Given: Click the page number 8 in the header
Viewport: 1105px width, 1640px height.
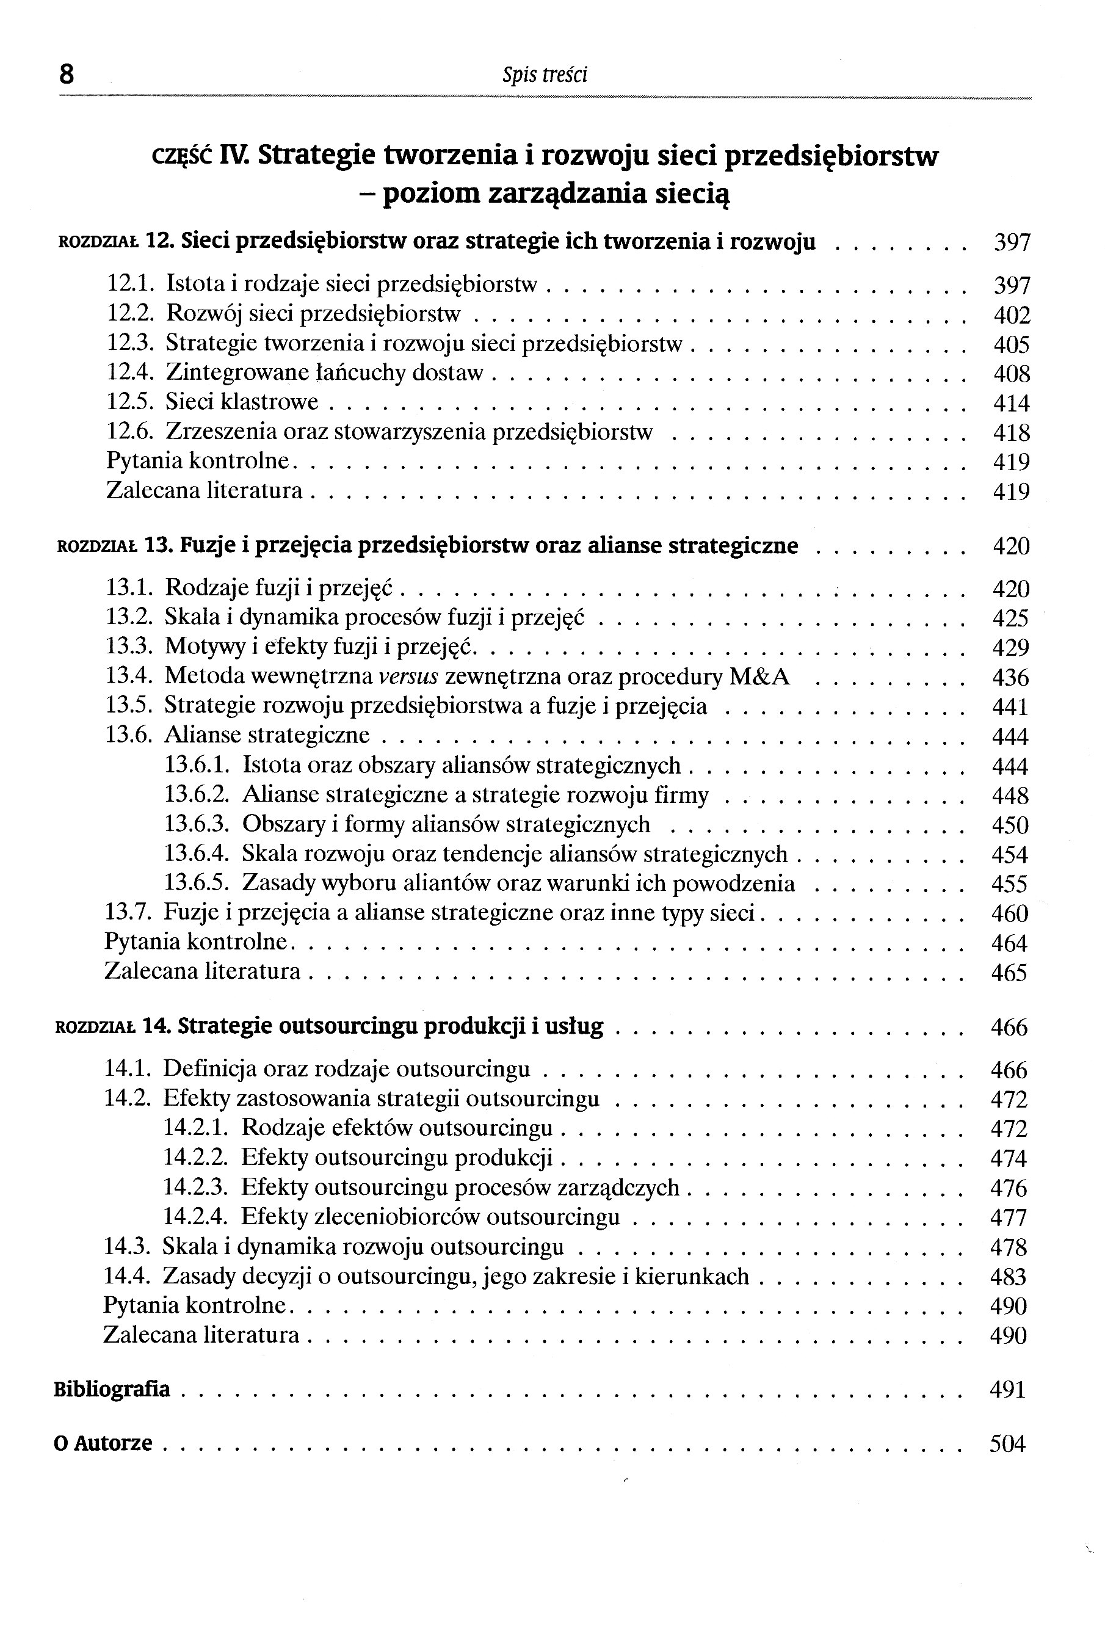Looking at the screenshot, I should point(67,73).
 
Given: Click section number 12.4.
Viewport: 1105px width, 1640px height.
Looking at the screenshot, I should point(129,373).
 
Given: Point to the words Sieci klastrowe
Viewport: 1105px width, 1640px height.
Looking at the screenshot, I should point(242,402).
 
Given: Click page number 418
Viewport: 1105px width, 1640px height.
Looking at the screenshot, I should point(1011,433).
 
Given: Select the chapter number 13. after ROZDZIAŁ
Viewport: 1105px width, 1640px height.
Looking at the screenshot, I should point(159,545).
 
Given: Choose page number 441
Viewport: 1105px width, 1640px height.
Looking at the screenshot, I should point(1010,707).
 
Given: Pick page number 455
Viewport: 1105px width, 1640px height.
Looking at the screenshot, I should point(1010,883).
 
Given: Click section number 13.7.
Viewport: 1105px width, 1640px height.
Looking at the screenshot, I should point(128,913).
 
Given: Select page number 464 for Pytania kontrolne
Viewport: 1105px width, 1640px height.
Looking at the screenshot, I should point(1010,943).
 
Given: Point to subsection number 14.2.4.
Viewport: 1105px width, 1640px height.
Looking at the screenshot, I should point(196,1216).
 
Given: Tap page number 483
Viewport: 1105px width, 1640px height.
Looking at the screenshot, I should point(1009,1276).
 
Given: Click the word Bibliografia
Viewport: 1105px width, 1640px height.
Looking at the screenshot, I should point(112,1388).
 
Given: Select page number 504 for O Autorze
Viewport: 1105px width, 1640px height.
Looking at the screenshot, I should point(1008,1443).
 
